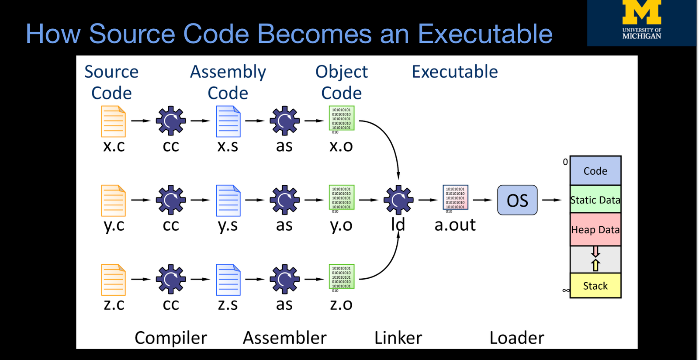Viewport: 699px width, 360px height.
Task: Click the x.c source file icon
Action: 114,121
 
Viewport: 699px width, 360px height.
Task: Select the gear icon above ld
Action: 398,200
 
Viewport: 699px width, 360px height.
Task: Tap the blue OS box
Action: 517,200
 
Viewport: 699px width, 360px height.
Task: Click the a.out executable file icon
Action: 455,198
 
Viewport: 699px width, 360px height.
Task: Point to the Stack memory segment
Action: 595,286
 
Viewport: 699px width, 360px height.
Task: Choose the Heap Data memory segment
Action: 595,230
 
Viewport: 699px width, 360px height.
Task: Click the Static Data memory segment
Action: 595,200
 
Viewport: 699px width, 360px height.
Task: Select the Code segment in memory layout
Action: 595,171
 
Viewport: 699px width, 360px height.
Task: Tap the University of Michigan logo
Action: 642,22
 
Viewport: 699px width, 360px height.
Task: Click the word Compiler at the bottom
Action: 171,338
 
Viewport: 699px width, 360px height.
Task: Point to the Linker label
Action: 398,338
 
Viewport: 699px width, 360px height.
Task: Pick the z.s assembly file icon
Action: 228,280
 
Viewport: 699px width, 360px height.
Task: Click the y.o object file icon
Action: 341,198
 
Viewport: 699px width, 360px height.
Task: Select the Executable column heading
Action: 455,72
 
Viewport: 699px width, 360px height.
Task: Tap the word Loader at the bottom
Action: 517,338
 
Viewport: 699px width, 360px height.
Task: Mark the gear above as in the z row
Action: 284,279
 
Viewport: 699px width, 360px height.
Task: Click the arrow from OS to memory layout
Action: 552,200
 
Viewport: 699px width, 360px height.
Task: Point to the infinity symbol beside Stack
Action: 566,290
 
